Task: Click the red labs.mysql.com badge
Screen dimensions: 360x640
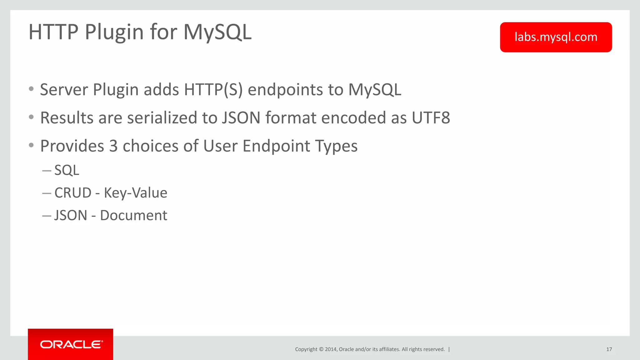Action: pos(556,37)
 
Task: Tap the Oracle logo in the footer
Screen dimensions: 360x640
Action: pos(71,344)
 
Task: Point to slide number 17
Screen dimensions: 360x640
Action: pos(609,349)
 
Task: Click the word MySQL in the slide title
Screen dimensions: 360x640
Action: pos(217,32)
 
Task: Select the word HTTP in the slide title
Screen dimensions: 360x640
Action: pos(53,32)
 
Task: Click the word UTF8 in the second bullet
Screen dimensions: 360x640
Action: pos(431,118)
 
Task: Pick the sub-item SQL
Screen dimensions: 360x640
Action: pos(67,170)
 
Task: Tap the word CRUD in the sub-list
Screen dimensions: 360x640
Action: pos(73,193)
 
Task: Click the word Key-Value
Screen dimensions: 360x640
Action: pos(135,193)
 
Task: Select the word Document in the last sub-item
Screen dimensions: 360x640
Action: pos(133,216)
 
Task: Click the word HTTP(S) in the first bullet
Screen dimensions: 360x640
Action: pos(213,90)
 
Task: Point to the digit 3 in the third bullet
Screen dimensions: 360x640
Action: pos(113,146)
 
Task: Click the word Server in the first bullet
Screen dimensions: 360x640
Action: pos(64,90)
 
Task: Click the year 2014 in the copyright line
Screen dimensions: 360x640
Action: pos(331,349)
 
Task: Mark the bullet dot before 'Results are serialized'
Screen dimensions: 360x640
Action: pos(31,117)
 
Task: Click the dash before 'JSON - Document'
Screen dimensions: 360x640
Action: pos(46,216)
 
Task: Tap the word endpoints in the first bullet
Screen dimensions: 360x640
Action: pos(285,90)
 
